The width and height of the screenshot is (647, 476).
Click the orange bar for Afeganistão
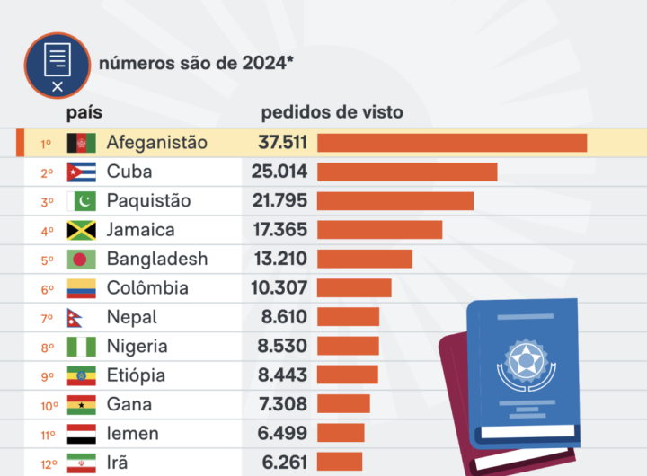pos(451,143)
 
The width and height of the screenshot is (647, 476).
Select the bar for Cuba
pos(406,172)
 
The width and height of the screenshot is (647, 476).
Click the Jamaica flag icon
pos(82,230)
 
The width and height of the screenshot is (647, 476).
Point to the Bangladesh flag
pos(82,260)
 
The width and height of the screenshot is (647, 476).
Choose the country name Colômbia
pos(147,288)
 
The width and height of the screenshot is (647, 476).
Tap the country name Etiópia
pos(136,375)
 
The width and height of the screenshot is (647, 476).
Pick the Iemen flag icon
pos(82,434)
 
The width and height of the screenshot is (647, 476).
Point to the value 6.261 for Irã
pos(282,463)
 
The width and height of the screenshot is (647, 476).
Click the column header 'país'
pos(84,113)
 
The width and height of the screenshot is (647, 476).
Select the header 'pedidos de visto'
pos(332,113)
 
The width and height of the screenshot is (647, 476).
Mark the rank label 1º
pos(46,144)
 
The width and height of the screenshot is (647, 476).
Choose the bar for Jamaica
pos(379,230)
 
